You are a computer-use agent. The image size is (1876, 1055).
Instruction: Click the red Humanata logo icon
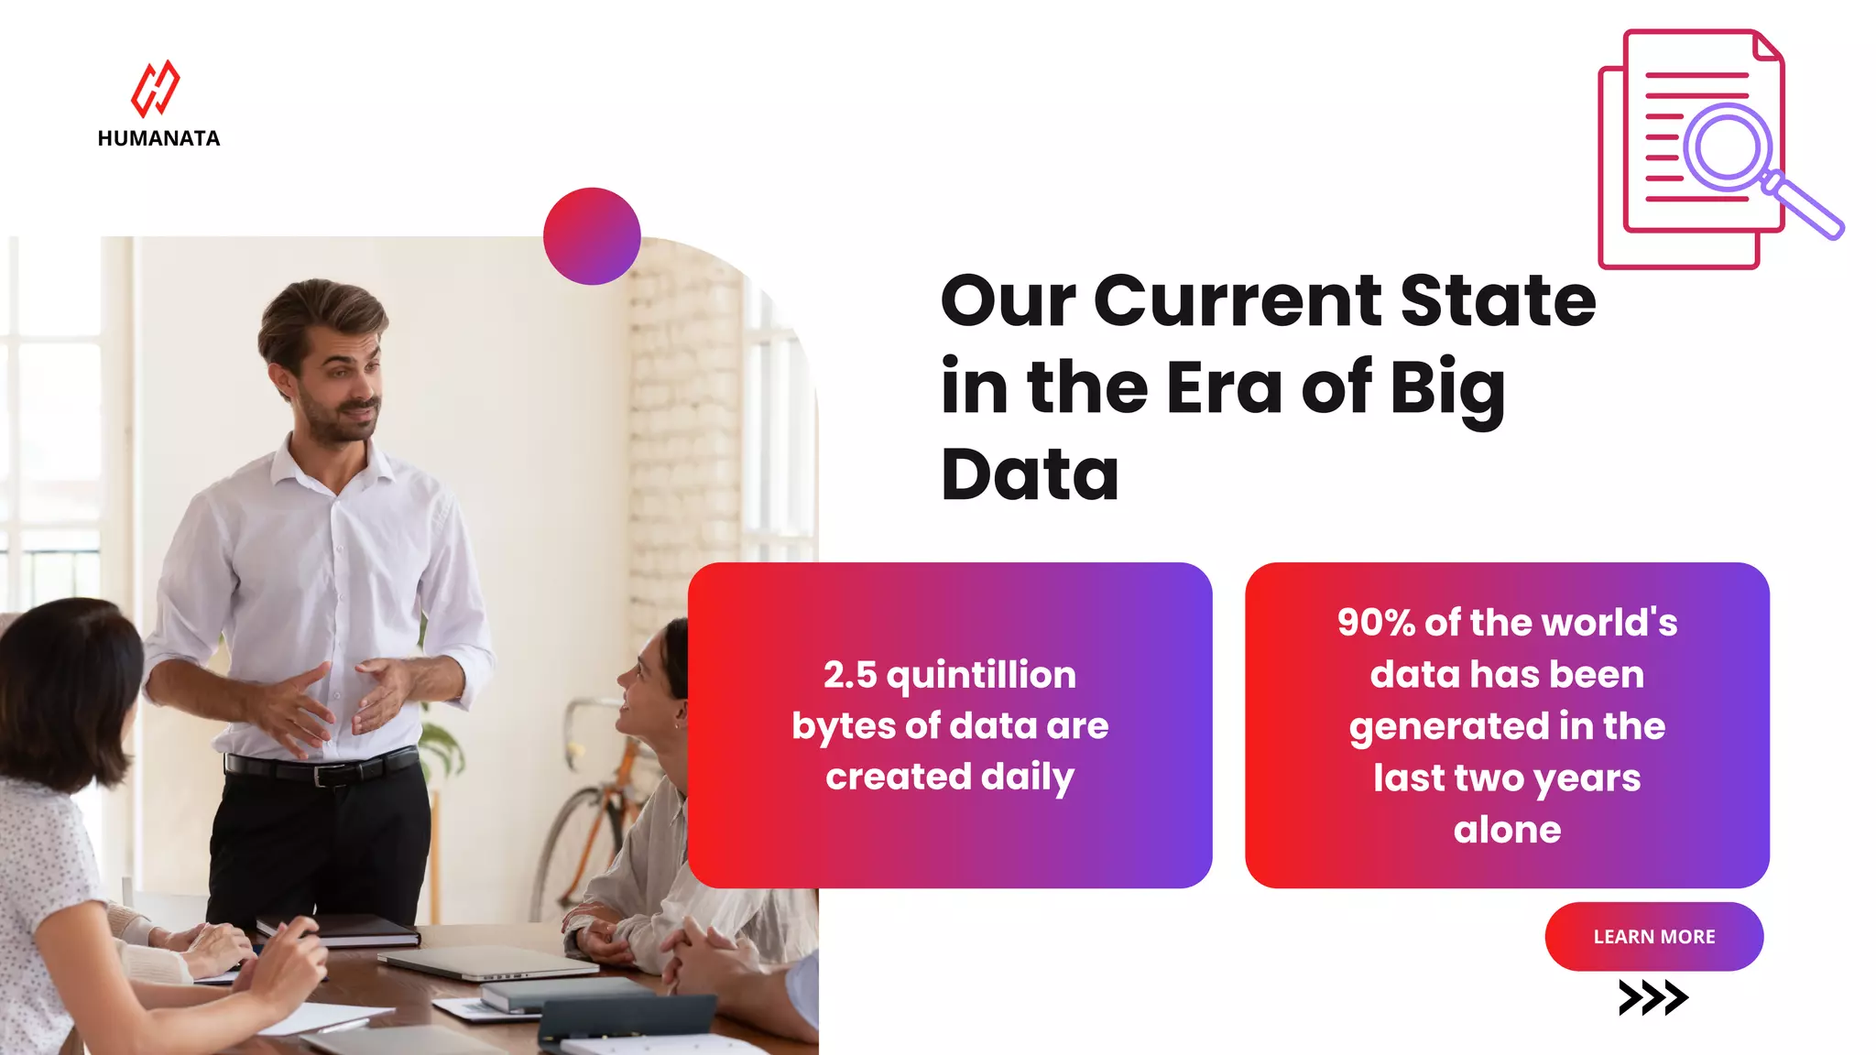coord(156,89)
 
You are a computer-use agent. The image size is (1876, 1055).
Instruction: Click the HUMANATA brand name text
coord(158,138)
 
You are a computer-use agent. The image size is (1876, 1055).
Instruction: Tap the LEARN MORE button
coord(1653,936)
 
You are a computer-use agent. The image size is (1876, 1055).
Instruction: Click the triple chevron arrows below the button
coord(1652,997)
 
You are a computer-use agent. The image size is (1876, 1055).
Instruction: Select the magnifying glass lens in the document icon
coord(1728,147)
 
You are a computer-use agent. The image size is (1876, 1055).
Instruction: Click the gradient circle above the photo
coord(592,236)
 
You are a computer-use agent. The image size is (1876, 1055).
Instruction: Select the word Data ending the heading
coord(1030,475)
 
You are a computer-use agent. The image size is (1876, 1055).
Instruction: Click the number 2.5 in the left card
coord(849,675)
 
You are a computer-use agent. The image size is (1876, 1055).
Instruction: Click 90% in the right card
coord(1376,623)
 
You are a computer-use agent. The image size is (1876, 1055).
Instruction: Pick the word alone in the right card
coord(1507,830)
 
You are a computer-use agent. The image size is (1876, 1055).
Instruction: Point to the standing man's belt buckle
coord(322,775)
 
